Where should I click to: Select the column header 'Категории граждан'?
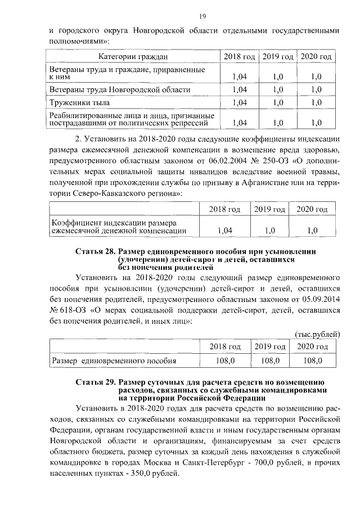coord(133,57)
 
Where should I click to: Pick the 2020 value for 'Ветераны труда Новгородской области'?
coord(316,89)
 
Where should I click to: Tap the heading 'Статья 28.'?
coord(95,251)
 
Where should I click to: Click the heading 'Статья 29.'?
coord(95,382)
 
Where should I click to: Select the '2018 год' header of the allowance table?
coord(224,346)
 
